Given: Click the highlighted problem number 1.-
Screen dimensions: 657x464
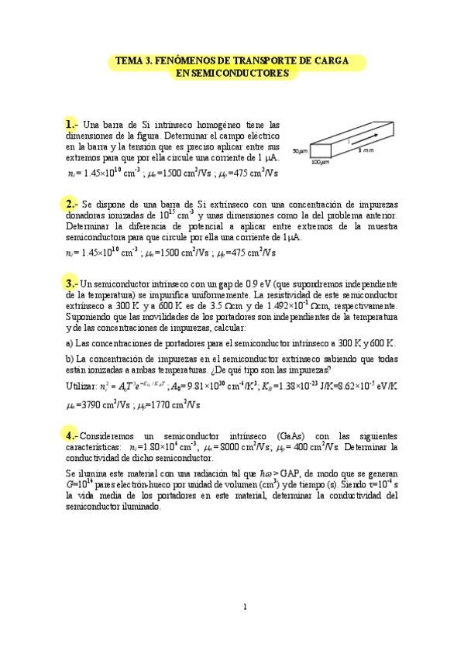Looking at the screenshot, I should tap(70, 124).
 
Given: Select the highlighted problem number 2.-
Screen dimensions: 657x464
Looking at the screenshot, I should tap(70, 204).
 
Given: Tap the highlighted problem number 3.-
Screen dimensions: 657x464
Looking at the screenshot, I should tap(70, 284).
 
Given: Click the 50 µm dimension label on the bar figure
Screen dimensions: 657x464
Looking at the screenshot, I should tap(301, 150).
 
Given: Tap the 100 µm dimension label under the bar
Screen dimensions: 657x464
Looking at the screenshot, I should tap(320, 163).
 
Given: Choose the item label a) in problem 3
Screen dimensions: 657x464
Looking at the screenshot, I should tap(69, 342).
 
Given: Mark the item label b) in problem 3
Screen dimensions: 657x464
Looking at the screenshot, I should tap(69, 358).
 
